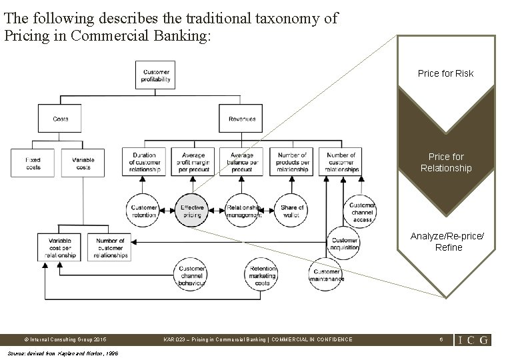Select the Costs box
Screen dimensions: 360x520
point(61,119)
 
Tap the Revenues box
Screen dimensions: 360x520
point(242,119)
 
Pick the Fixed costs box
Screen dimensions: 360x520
point(33,163)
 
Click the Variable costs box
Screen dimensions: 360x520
point(83,163)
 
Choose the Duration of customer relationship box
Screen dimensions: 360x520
point(143,163)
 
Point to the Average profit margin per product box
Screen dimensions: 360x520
point(193,163)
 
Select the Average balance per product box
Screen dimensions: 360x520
point(241,163)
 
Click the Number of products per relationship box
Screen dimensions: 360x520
point(291,163)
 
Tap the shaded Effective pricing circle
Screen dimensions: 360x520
point(193,211)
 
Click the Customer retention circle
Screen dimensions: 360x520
point(143,211)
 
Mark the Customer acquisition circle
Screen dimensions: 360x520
point(344,243)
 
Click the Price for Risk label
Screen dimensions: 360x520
point(445,73)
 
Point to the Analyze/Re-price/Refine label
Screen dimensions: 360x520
point(445,241)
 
